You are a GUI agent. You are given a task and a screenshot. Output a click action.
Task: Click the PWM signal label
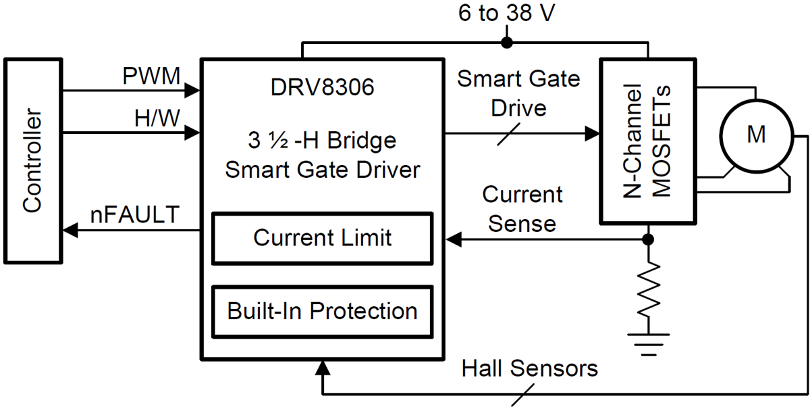pyautogui.click(x=152, y=76)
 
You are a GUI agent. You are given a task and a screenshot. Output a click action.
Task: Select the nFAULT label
pyautogui.click(x=135, y=215)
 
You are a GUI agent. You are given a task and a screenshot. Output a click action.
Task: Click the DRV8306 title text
pyautogui.click(x=321, y=88)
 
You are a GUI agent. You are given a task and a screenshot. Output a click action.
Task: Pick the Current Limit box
pyautogui.click(x=322, y=238)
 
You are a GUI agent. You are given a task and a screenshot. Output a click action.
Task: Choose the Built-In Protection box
pyautogui.click(x=322, y=312)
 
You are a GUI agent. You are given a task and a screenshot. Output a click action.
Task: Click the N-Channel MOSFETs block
pyautogui.click(x=648, y=141)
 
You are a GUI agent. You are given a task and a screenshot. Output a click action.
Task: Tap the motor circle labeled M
pyautogui.click(x=756, y=135)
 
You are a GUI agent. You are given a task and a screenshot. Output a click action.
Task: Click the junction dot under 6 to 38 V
pyautogui.click(x=507, y=43)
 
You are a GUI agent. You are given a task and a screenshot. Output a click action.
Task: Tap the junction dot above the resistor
pyautogui.click(x=648, y=239)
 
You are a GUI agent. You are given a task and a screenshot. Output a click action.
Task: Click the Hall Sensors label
pyautogui.click(x=530, y=369)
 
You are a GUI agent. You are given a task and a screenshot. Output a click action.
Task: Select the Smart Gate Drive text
pyautogui.click(x=518, y=93)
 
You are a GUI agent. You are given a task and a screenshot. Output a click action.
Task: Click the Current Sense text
pyautogui.click(x=522, y=209)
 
